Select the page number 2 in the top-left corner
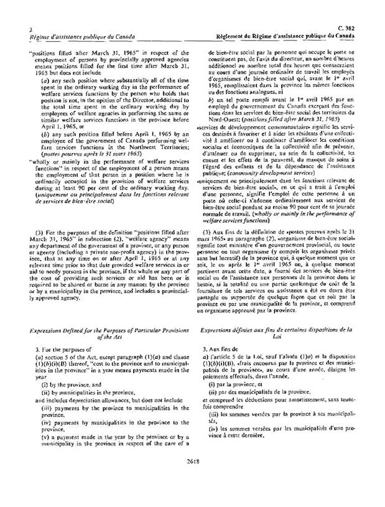22,29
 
